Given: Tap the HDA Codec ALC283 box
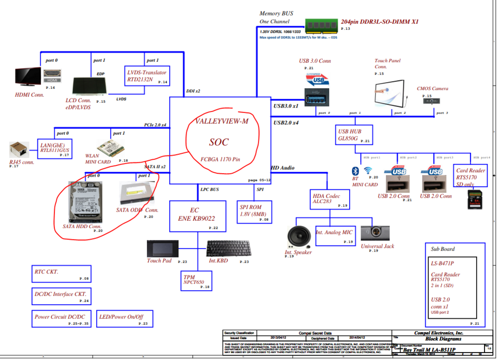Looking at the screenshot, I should tap(327, 199).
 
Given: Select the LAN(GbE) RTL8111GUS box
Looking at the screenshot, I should tap(55, 148).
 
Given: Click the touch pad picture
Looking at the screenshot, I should tap(161, 248).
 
